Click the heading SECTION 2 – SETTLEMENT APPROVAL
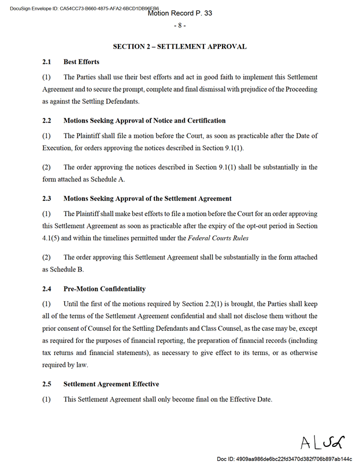pos(180,46)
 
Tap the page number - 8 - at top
pos(179,26)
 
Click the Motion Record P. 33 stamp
pos(180,13)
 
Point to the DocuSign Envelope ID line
pos(81,8)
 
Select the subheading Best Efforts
pos(81,62)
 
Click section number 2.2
pos(47,121)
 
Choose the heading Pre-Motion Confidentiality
pos(104,289)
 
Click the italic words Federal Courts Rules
pos(218,237)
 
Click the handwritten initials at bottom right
pos(321,442)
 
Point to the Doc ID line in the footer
pos(284,458)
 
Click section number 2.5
pos(47,384)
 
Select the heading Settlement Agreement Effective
pos(111,384)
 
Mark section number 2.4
pos(47,289)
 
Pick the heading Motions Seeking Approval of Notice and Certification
pos(144,121)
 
